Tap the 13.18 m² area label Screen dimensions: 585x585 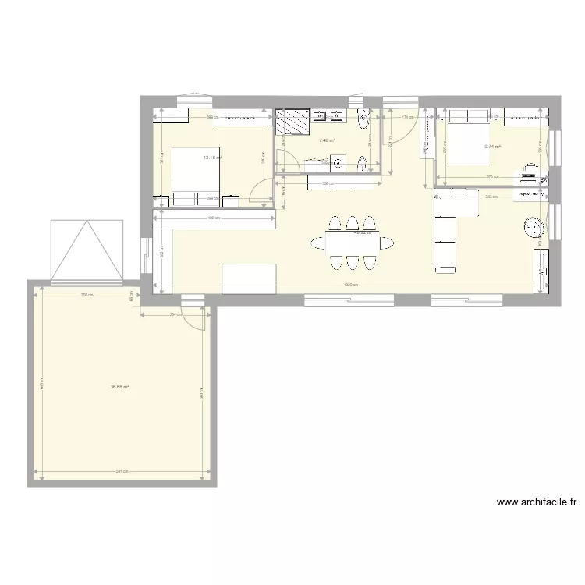[212, 158]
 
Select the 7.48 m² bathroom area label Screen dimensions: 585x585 [326, 141]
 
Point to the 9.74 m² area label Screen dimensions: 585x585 [492, 147]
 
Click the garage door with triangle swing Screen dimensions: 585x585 [87, 251]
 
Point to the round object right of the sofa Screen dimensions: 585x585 [535, 228]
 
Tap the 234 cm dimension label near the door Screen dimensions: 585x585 [174, 314]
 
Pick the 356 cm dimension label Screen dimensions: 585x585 [328, 185]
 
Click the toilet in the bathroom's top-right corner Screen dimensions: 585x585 [364, 122]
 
